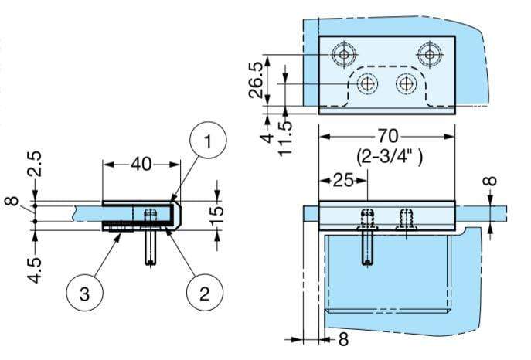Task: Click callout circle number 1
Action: [208, 143]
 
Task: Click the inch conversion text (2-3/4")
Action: [388, 155]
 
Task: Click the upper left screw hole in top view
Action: [343, 53]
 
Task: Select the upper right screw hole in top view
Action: [430, 53]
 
